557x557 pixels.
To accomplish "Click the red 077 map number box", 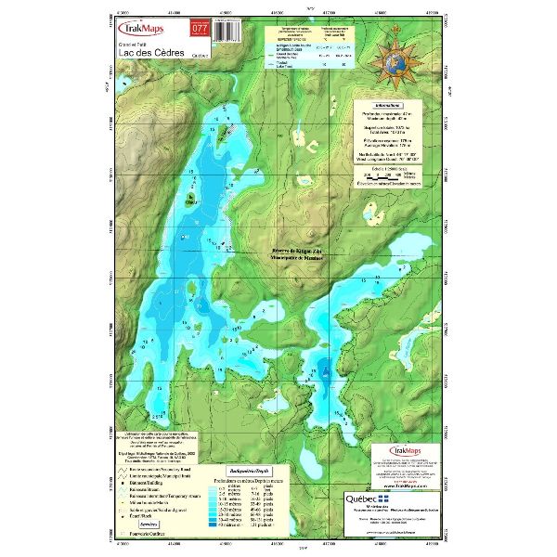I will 198,29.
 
